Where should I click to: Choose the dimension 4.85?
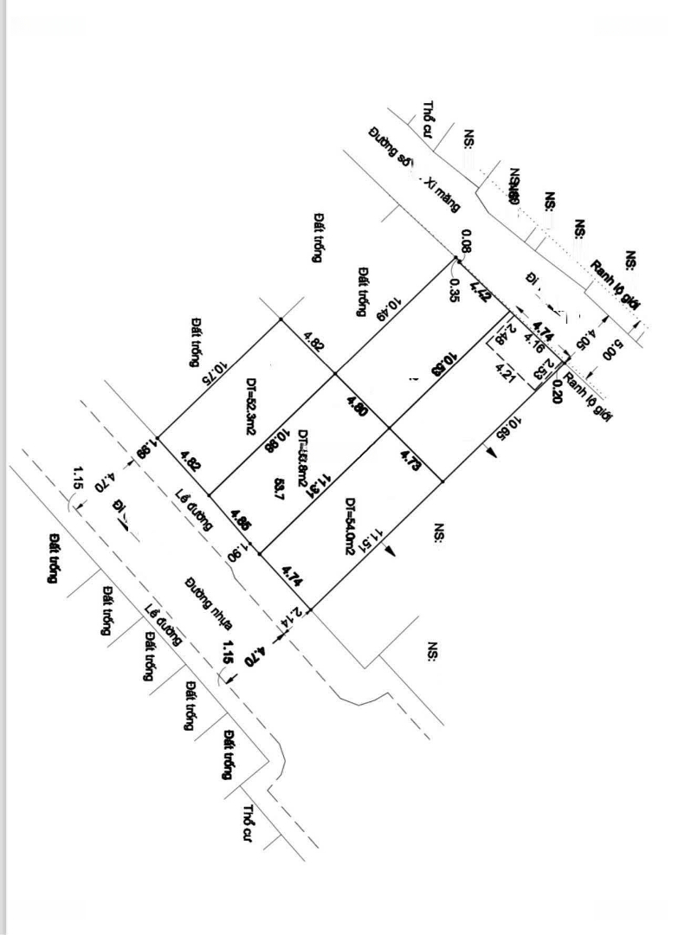[x=242, y=521]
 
